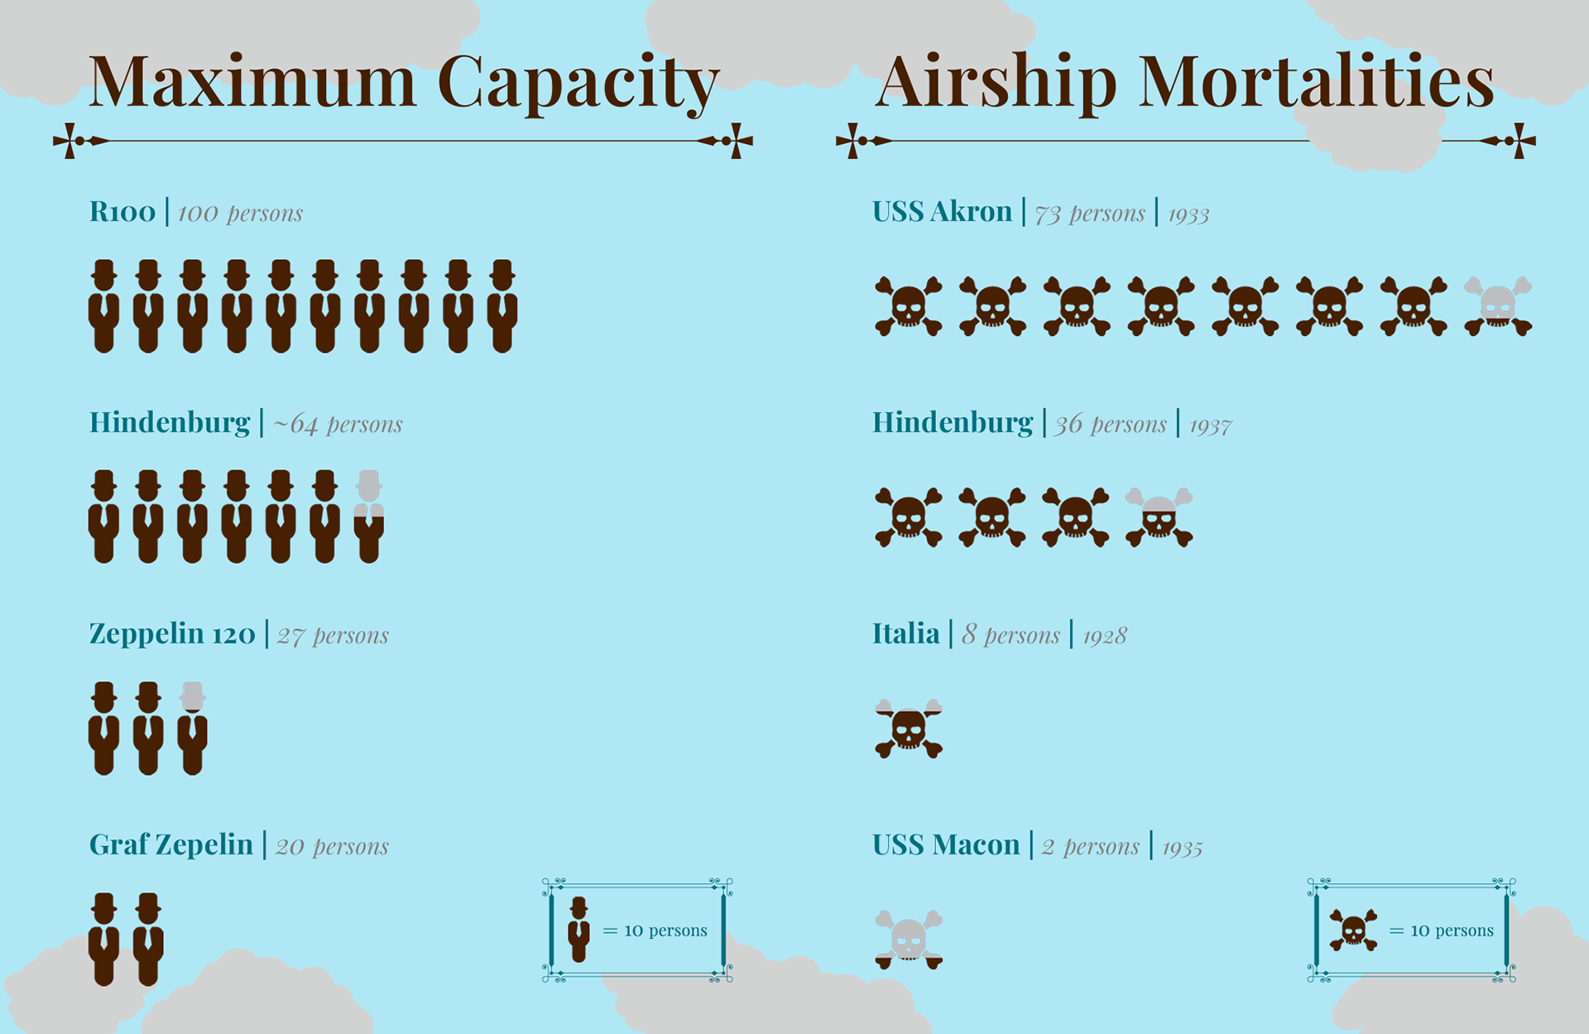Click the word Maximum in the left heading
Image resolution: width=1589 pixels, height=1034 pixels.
pyautogui.click(x=252, y=82)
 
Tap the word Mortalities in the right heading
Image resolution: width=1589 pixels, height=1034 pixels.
pyautogui.click(x=1316, y=82)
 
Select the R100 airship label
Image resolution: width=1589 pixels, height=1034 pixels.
pyautogui.click(x=122, y=212)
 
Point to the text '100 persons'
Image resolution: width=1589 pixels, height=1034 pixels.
pyautogui.click(x=240, y=214)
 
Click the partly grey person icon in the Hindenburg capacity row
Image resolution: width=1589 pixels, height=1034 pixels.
pyautogui.click(x=369, y=517)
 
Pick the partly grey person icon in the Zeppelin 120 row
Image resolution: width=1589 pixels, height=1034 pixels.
pyautogui.click(x=193, y=728)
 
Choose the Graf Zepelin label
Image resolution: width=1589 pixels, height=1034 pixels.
pyautogui.click(x=171, y=844)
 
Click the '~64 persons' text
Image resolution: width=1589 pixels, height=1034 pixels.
pyautogui.click(x=338, y=424)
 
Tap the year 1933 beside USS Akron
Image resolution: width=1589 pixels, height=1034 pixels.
pyautogui.click(x=1188, y=215)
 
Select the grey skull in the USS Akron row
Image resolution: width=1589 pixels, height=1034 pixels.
pyautogui.click(x=1498, y=305)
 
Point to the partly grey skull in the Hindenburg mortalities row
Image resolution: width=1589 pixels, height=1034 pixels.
pyautogui.click(x=1159, y=517)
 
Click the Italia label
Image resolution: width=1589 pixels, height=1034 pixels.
pyautogui.click(x=905, y=634)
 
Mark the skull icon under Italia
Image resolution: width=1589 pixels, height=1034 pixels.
pyautogui.click(x=909, y=729)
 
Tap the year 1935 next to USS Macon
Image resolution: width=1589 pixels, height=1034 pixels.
pyautogui.click(x=1182, y=849)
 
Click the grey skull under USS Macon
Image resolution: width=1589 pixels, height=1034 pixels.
pyautogui.click(x=909, y=940)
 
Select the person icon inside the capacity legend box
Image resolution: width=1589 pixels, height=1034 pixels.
pyautogui.click(x=579, y=930)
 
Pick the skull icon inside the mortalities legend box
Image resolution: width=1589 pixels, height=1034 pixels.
pyautogui.click(x=1353, y=930)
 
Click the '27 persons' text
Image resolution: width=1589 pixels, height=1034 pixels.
pyautogui.click(x=333, y=636)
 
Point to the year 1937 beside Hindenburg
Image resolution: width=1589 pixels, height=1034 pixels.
pyautogui.click(x=1210, y=426)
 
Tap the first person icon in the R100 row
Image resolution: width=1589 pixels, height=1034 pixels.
pyautogui.click(x=103, y=306)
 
